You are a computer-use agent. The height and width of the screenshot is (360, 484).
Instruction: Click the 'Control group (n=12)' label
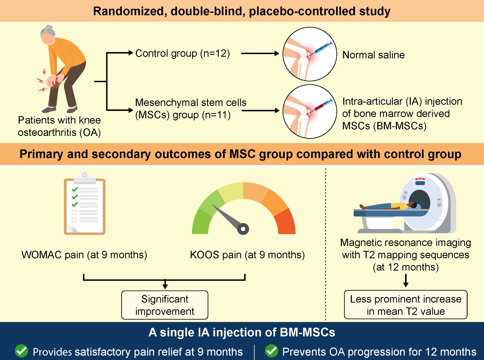(182, 54)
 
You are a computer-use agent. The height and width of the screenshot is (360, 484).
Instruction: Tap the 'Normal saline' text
(373, 55)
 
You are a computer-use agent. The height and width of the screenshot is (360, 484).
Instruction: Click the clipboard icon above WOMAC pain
(85, 204)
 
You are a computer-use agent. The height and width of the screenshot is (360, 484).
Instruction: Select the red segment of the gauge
(286, 222)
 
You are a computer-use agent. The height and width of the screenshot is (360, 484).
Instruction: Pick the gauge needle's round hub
(243, 229)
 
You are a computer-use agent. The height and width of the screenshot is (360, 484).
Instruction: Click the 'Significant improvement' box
(165, 305)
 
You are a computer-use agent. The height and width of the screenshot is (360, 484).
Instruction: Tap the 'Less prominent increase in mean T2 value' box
(406, 305)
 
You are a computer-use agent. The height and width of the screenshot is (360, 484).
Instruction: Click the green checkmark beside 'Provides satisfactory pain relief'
(21, 351)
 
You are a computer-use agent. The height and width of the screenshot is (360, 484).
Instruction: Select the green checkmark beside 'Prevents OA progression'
(271, 351)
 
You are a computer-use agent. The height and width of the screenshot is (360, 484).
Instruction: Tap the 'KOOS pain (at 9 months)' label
(247, 255)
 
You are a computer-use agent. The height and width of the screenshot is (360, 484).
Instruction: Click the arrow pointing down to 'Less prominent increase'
(406, 280)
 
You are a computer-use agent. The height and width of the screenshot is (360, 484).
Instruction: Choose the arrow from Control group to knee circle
(260, 54)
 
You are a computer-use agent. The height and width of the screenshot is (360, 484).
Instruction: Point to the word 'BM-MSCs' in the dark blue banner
(307, 332)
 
